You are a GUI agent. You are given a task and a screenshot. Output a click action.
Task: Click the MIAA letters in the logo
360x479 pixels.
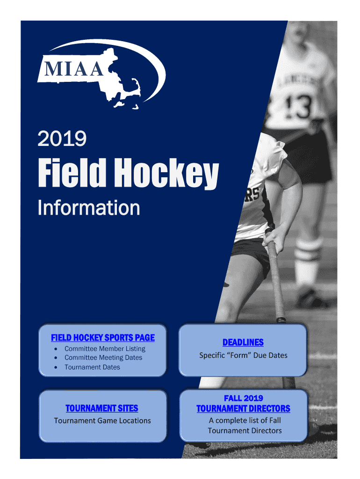(x=74, y=68)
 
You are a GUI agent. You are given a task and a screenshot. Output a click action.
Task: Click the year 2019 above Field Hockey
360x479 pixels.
(x=62, y=138)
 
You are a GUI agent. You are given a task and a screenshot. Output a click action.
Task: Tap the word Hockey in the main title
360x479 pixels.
(x=167, y=173)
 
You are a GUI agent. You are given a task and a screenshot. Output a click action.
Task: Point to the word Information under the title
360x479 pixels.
(x=89, y=208)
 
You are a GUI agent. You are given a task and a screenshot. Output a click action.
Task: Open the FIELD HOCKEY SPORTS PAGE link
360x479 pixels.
(x=103, y=338)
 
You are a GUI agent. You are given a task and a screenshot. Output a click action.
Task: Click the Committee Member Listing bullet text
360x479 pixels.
(x=105, y=348)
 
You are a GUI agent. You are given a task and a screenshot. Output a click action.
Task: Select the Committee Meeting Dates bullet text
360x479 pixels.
(x=103, y=357)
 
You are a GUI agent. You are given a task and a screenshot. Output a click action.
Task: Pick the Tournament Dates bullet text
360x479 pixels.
(x=92, y=367)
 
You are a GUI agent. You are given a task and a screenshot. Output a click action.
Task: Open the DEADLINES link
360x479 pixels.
(x=243, y=342)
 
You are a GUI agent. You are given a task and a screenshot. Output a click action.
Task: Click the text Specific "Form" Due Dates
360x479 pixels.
(x=244, y=356)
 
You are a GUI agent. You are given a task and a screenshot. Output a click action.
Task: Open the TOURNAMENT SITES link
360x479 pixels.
(x=101, y=408)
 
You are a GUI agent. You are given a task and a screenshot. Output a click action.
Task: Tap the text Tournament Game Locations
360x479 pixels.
(x=102, y=421)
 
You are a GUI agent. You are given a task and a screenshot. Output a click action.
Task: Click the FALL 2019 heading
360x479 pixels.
(x=244, y=398)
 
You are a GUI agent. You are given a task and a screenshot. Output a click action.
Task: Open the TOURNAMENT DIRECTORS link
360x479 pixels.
(x=244, y=408)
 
